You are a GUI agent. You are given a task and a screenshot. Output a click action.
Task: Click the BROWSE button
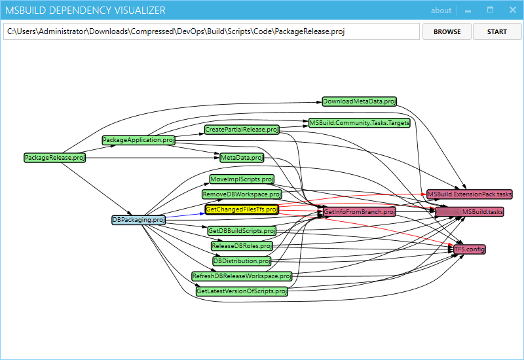[447, 31]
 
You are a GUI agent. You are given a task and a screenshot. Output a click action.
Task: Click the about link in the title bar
[441, 10]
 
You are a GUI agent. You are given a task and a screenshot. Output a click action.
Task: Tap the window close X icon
[513, 10]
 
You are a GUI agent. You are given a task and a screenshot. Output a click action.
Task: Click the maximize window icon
[490, 10]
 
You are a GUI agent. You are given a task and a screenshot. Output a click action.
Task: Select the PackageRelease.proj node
[55, 158]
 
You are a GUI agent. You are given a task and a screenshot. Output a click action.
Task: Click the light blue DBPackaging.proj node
[139, 220]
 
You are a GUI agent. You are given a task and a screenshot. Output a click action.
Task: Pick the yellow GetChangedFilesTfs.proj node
[242, 209]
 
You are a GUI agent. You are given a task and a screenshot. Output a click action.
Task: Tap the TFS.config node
[469, 249]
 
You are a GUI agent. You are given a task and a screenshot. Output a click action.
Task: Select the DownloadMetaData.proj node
[359, 101]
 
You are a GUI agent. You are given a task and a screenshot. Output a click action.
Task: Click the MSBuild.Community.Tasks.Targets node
[359, 123]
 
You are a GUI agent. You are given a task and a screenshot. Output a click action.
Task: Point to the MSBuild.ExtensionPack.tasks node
[470, 194]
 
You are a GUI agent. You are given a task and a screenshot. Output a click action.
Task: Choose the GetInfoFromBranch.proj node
[359, 211]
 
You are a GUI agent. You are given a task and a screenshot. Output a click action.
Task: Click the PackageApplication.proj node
[139, 140]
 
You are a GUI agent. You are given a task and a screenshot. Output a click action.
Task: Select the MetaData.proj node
[242, 158]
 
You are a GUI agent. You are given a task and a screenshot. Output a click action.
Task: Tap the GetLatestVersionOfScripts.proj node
[242, 291]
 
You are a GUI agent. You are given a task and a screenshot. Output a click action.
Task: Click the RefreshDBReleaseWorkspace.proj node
[242, 276]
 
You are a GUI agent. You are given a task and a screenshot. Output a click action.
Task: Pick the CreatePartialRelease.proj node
[242, 130]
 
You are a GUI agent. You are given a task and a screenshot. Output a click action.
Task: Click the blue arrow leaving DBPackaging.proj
[185, 215]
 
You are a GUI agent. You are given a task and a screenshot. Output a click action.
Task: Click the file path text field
[212, 31]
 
